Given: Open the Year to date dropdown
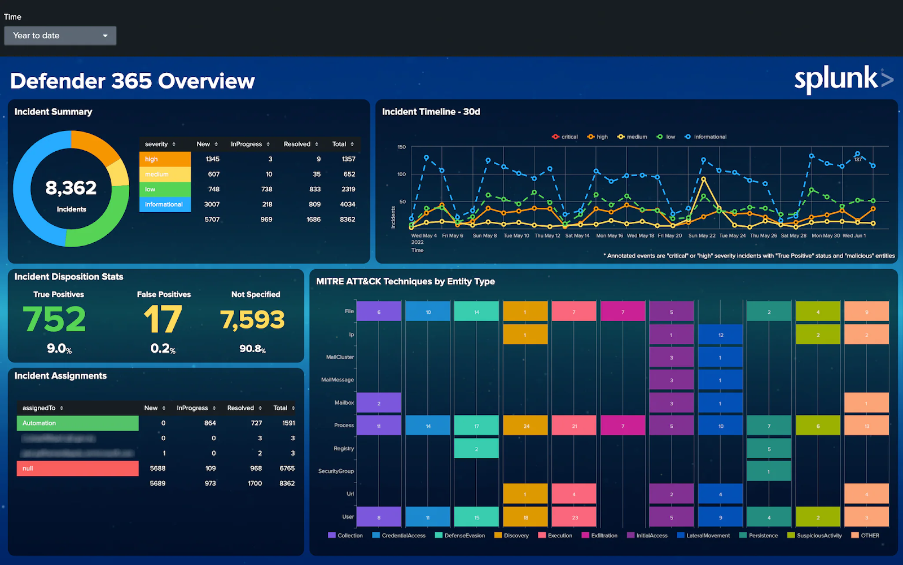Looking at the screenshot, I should point(60,36).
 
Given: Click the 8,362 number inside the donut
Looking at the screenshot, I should point(71,188).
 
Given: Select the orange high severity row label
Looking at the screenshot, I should point(165,159).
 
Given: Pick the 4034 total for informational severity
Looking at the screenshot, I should point(347,204).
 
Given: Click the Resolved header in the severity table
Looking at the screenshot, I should point(297,144).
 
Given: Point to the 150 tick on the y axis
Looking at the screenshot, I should point(401,147).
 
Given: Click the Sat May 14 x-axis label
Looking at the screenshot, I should point(577,236).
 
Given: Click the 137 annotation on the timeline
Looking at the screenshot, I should point(858,160).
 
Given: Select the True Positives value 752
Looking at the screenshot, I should point(55,319).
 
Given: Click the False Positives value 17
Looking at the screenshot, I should point(163,319).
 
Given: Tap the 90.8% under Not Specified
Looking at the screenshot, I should point(252,349).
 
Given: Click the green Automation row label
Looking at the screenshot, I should point(77,423).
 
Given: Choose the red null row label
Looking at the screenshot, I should point(77,468).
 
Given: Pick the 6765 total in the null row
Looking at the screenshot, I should point(287,468).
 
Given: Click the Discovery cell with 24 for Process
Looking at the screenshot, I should point(525,426).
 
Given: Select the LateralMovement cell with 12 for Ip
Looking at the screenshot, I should point(720,335).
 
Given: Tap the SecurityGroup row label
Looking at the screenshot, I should point(336,471).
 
